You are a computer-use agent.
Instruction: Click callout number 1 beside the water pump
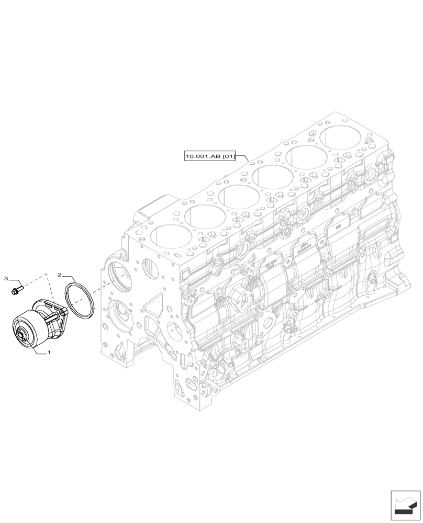point(49,353)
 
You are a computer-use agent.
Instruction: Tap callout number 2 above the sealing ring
point(60,274)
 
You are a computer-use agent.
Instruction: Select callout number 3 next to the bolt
point(6,279)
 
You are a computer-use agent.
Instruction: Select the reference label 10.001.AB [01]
point(210,155)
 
